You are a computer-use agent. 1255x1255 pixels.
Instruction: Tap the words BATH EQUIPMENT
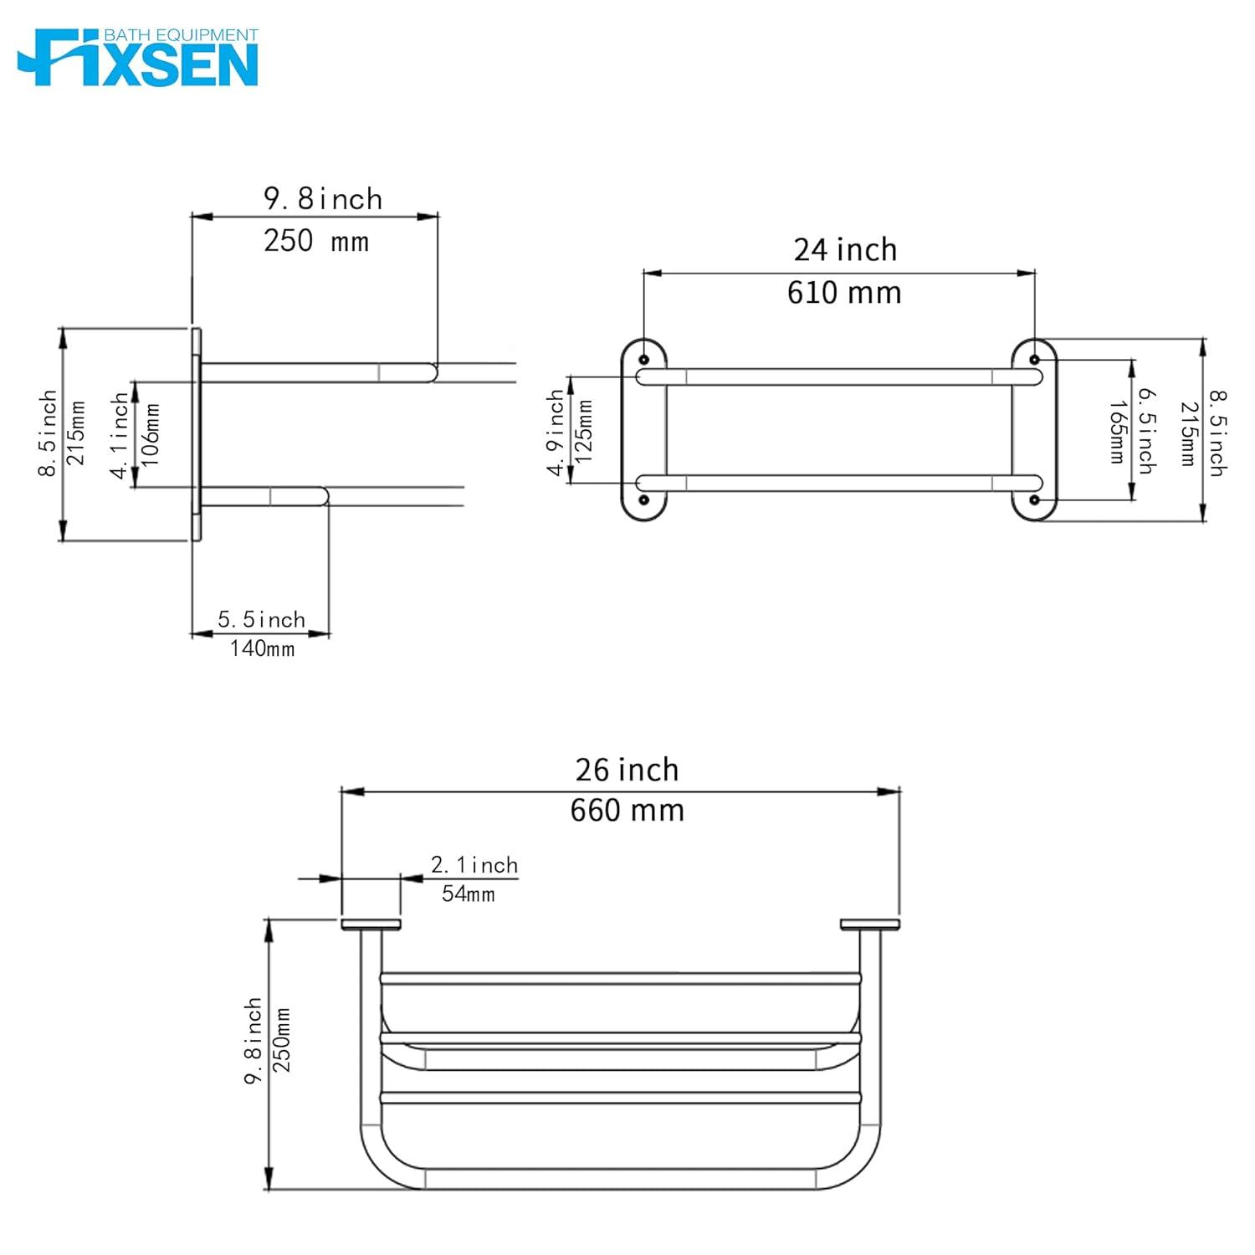click(x=180, y=35)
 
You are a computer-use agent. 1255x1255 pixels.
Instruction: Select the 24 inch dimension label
click(x=845, y=250)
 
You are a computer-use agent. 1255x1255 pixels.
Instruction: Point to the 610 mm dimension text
click(x=844, y=293)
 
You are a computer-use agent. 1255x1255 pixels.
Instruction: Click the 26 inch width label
click(x=627, y=770)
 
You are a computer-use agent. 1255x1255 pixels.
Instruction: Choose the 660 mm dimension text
click(x=627, y=811)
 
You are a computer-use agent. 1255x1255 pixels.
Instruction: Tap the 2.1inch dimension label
click(x=474, y=865)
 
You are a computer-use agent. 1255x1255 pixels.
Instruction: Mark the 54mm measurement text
click(x=468, y=894)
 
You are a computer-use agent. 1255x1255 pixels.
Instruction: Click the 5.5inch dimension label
click(x=261, y=620)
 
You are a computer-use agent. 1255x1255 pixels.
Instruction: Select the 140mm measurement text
click(x=262, y=648)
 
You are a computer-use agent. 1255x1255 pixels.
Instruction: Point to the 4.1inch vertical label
click(x=121, y=435)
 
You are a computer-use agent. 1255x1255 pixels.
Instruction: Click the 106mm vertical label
click(x=151, y=435)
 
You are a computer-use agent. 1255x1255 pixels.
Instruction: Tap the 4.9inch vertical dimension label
click(x=556, y=433)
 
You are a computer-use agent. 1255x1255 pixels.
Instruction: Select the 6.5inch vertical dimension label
click(x=1145, y=431)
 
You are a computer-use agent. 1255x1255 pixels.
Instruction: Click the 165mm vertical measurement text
click(x=1116, y=432)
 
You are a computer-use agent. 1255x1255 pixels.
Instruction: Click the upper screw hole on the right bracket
click(x=1034, y=360)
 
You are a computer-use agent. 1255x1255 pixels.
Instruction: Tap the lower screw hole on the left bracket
click(x=643, y=500)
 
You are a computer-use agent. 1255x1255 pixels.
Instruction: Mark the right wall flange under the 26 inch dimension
click(x=869, y=925)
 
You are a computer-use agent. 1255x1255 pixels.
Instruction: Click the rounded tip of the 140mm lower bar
click(x=324, y=497)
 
